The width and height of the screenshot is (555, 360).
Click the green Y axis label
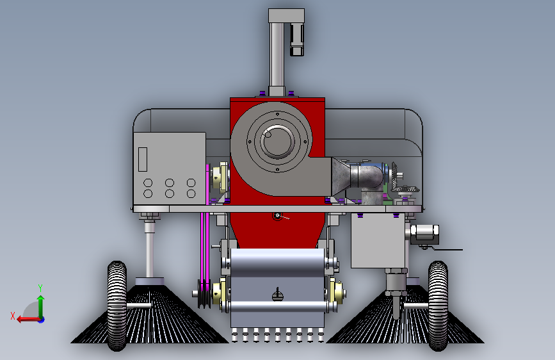coord(40,288)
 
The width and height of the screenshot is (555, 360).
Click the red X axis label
coord(13,316)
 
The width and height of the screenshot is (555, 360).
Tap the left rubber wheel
coord(117,306)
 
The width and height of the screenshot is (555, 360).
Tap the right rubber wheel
coord(438,306)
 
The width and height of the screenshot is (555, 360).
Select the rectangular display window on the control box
coord(143,160)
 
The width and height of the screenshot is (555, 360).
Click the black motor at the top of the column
coord(297,39)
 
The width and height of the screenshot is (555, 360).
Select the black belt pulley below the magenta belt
coord(204,294)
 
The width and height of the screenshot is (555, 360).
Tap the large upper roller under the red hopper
coord(277,262)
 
